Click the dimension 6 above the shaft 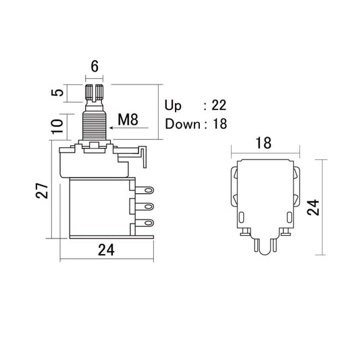tap(95, 68)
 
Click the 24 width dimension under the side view tap(105, 249)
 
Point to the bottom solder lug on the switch tap(144, 224)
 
